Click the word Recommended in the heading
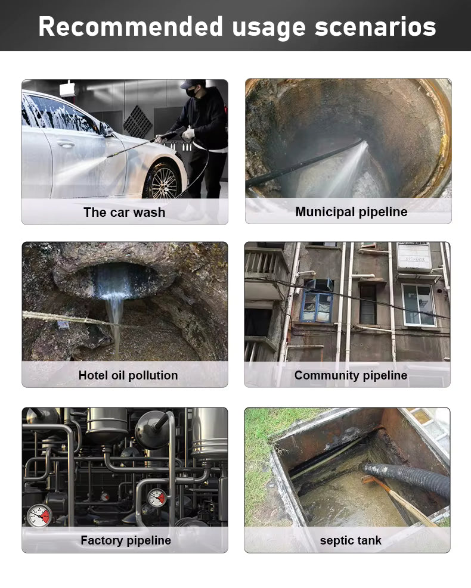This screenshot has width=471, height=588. [x=131, y=27]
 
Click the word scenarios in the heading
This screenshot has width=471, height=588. [x=375, y=27]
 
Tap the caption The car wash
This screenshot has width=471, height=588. [x=124, y=212]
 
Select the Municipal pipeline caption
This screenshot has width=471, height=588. [x=351, y=212]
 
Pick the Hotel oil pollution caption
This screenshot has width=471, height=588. [x=128, y=375]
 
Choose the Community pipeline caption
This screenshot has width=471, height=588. [x=351, y=375]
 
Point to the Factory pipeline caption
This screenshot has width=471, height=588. [x=126, y=540]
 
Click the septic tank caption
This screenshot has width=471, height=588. [x=351, y=540]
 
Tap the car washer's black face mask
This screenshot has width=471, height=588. [x=191, y=92]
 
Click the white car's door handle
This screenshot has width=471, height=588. [x=66, y=143]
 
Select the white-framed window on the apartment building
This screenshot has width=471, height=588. [x=419, y=305]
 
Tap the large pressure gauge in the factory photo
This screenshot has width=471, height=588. [x=39, y=516]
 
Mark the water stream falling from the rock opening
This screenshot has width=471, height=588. [x=114, y=322]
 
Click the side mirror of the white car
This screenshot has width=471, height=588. [x=106, y=130]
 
